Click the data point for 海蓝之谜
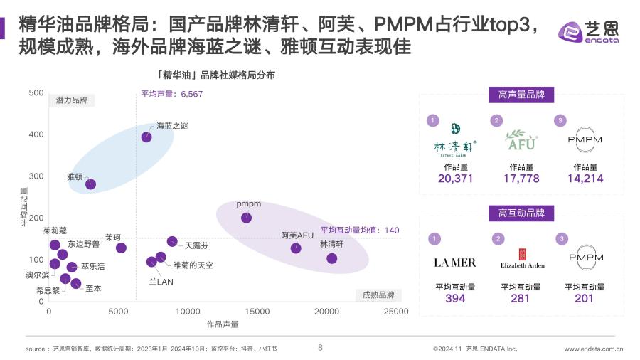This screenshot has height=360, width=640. [146, 137]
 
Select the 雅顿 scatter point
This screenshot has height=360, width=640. [90, 184]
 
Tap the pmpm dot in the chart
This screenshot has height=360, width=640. [246, 218]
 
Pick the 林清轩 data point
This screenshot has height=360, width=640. [331, 258]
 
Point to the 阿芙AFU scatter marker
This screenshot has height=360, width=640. [296, 248]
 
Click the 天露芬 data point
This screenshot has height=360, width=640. [172, 242]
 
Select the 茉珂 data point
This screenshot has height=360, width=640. [121, 248]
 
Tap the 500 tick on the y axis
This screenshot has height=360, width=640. [36, 93]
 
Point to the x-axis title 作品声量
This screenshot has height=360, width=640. [223, 324]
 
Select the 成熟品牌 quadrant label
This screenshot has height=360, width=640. [377, 295]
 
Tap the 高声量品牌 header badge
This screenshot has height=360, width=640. [521, 94]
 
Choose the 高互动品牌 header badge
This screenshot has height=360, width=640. [521, 213]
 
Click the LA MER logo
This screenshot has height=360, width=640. [455, 263]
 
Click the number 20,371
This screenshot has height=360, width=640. [455, 179]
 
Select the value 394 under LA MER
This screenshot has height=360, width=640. [455, 298]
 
